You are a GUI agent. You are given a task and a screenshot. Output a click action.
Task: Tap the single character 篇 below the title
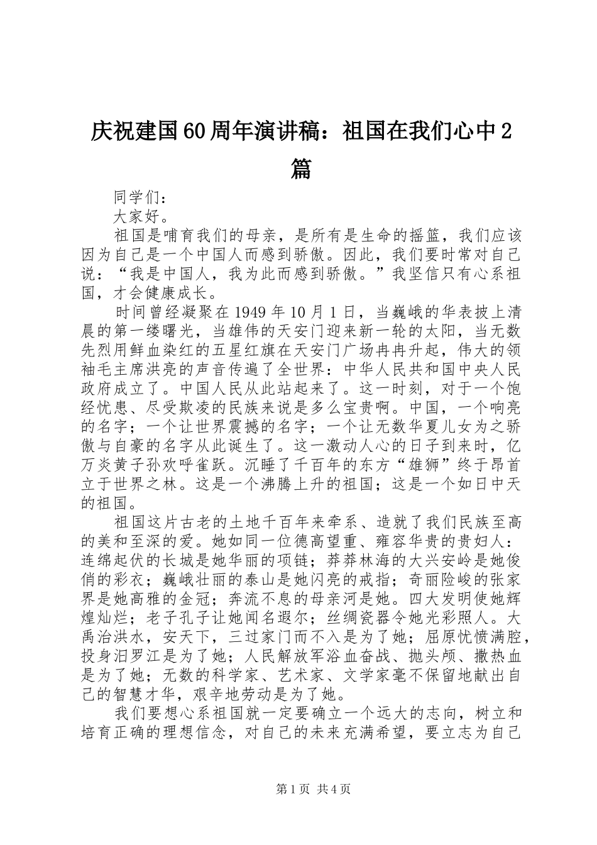click(302, 168)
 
